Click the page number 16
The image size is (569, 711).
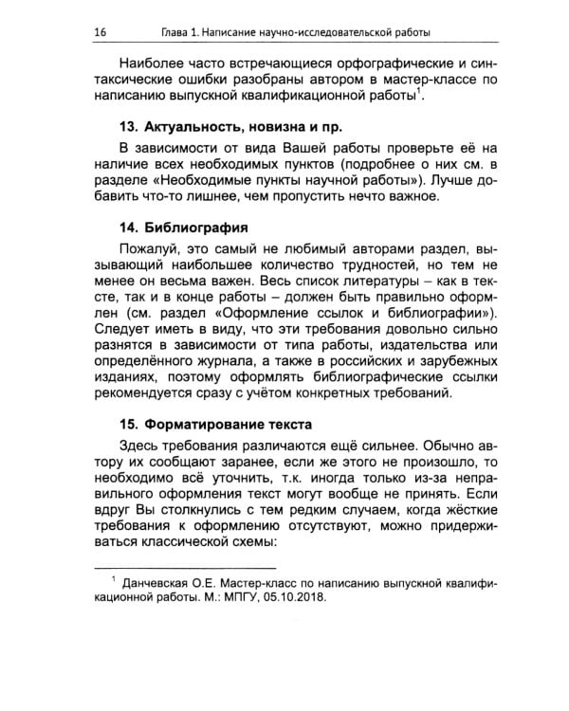pyautogui.click(x=100, y=32)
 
